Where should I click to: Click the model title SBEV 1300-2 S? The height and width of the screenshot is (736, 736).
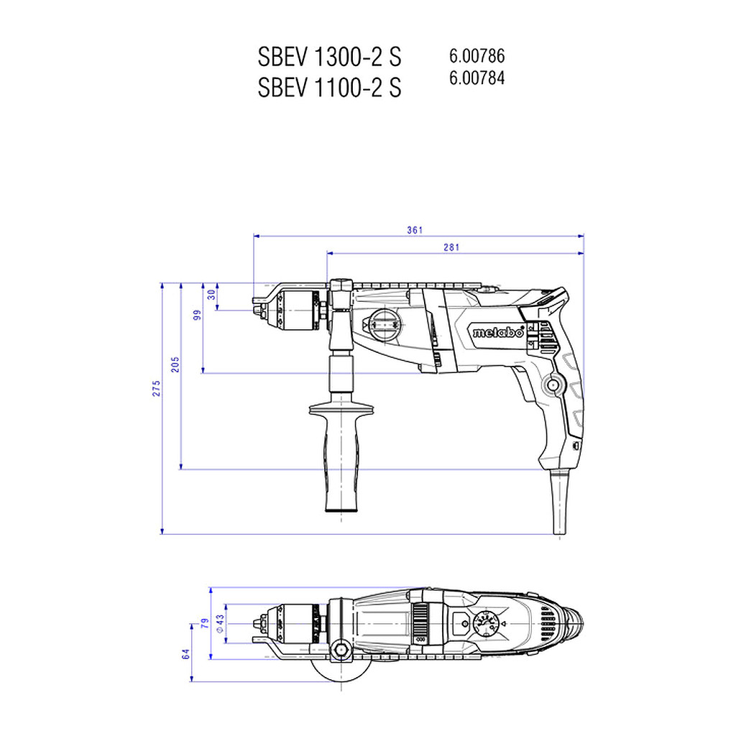point(329,57)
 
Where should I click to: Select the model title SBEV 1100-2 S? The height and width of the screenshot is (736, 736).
point(329,87)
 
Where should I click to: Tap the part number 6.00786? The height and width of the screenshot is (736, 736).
point(477,56)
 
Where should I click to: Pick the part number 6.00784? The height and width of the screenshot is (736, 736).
point(477,78)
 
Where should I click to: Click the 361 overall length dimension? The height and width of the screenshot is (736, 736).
point(415,230)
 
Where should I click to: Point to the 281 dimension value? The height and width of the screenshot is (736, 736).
point(451,247)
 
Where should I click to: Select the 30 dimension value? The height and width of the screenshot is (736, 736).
point(212,295)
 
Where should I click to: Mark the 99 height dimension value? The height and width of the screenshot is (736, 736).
point(198,315)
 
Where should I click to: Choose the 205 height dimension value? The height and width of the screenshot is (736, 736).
point(175,364)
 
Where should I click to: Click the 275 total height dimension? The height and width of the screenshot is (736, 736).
point(156,389)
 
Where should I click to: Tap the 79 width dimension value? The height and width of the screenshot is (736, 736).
point(205,623)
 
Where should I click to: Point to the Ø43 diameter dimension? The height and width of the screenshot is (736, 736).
point(220,624)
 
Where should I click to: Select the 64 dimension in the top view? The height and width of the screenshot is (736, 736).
point(186,654)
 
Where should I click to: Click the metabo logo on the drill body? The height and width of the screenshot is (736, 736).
point(497,332)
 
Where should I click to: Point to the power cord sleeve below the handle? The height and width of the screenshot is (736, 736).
point(559,501)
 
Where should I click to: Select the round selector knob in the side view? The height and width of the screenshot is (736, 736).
point(385,324)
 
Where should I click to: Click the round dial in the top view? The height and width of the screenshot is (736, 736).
point(487,625)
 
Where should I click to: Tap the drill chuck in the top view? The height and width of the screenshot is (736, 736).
point(292,624)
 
